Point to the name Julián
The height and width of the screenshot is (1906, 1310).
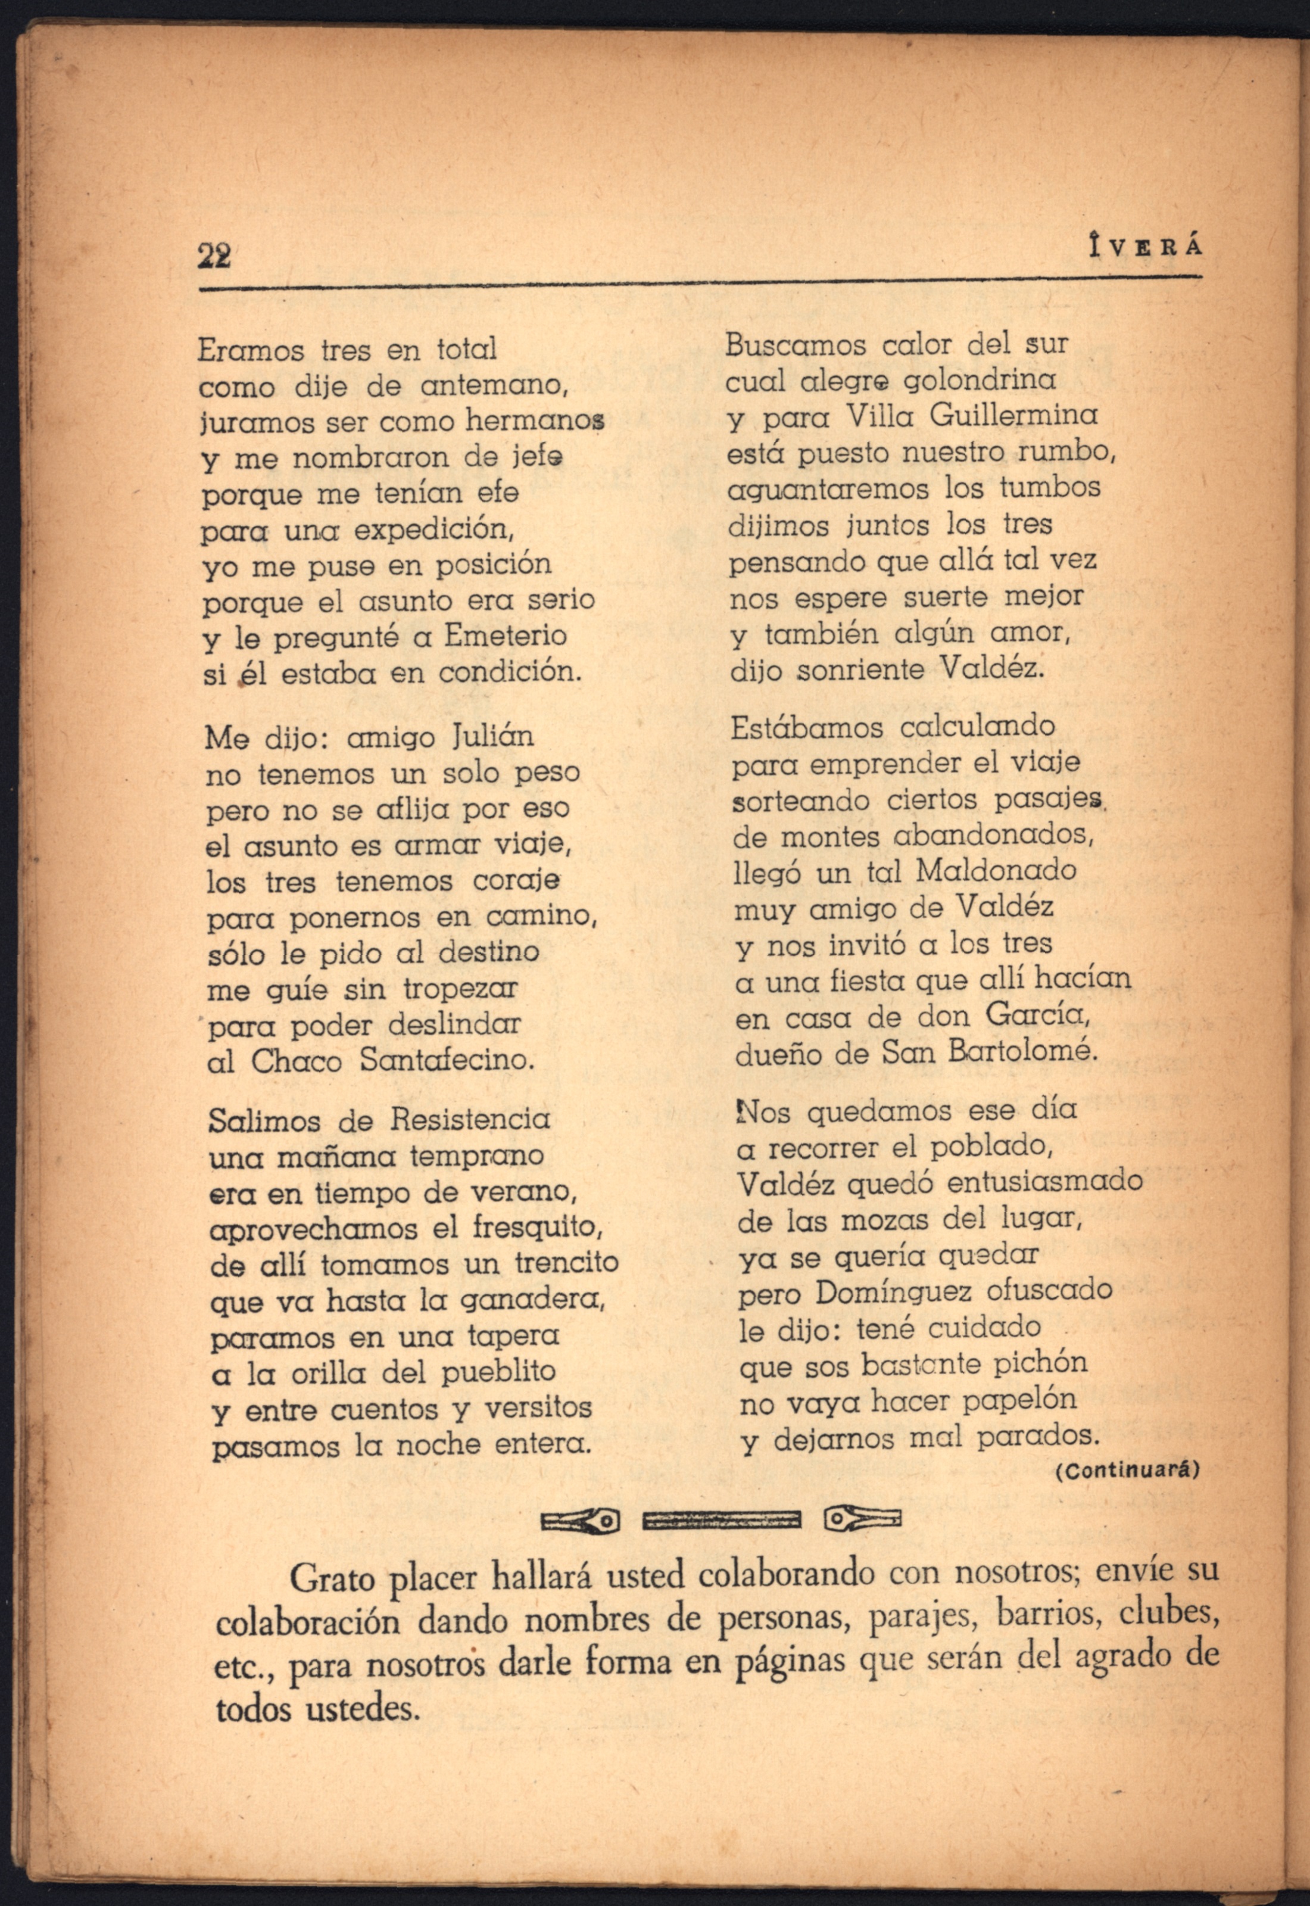[493, 736]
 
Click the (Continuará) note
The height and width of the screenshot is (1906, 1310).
[1126, 1469]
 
